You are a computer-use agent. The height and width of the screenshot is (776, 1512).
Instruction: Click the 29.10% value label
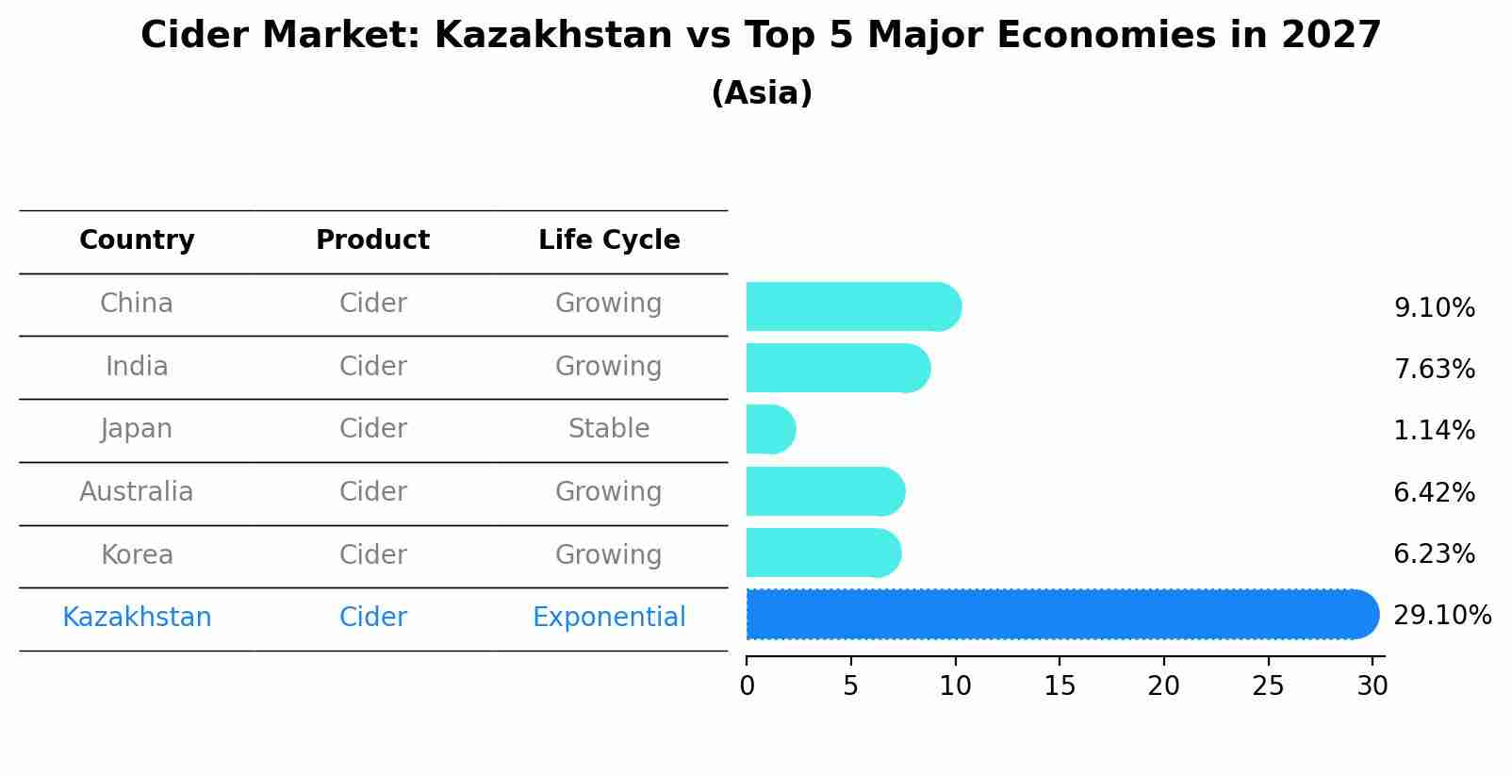[1441, 616]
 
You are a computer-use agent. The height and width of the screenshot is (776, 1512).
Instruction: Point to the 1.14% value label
[1434, 431]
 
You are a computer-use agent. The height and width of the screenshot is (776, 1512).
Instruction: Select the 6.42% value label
[1434, 492]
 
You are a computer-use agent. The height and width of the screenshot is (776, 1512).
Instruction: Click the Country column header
[137, 240]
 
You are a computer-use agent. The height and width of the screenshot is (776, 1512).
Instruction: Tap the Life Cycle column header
[609, 240]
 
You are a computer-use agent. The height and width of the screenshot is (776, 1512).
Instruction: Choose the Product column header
[372, 240]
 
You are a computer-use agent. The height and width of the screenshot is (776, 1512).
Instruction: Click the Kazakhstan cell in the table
[137, 618]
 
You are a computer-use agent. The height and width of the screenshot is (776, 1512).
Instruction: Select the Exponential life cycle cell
[609, 618]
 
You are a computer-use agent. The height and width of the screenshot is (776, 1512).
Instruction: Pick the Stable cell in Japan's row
[609, 429]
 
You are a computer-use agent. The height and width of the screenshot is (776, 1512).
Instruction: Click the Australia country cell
[137, 492]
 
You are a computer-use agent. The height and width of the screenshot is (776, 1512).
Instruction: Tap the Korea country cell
[137, 554]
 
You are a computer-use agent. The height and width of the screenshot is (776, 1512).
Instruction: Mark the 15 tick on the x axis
[1060, 685]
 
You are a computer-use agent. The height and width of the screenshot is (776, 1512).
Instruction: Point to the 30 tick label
[1372, 685]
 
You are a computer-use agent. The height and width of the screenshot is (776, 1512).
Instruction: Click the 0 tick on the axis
[747, 685]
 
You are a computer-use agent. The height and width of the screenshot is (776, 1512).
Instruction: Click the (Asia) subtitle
[762, 93]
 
